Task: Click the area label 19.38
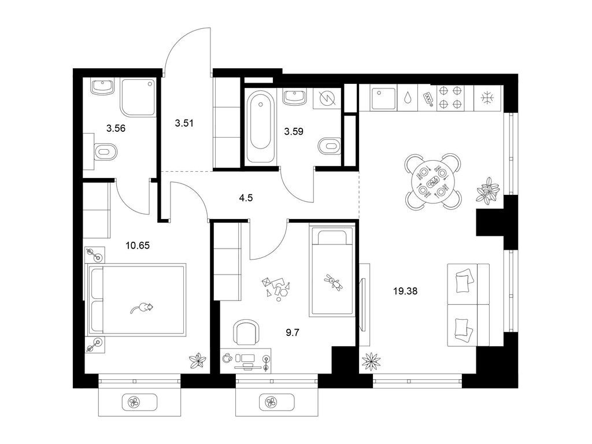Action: tap(404, 291)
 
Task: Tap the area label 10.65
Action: tap(138, 245)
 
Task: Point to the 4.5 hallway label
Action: tap(247, 197)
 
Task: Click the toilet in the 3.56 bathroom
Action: tap(105, 153)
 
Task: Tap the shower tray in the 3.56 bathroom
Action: tap(138, 97)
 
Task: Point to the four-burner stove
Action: tap(451, 97)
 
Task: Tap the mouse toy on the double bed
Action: tap(142, 308)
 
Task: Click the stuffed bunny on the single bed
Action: tap(334, 283)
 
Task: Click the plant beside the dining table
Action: tap(487, 190)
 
